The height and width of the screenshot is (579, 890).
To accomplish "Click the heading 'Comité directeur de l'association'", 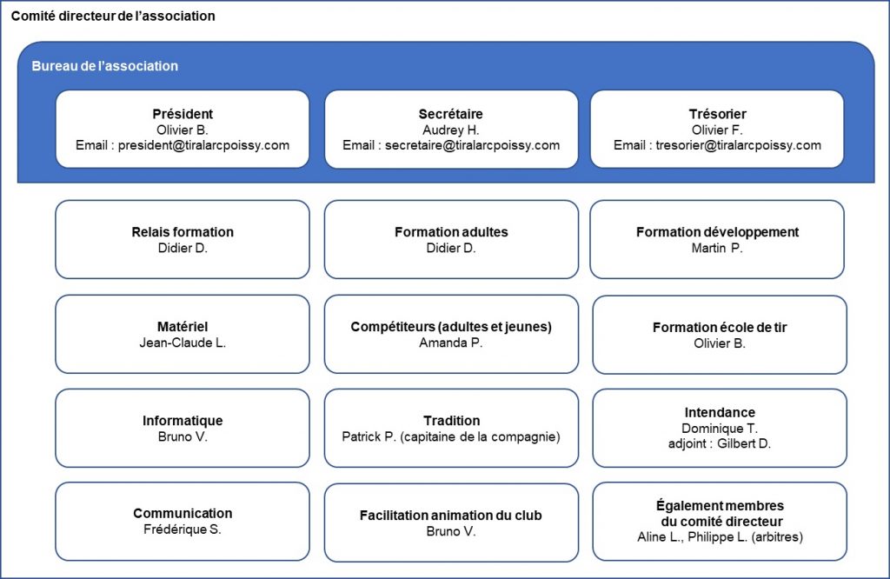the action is (x=113, y=16).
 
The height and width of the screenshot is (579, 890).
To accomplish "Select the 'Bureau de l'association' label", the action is (x=105, y=66).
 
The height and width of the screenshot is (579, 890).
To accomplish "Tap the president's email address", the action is (x=203, y=145).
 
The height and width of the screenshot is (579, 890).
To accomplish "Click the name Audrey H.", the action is (x=451, y=130).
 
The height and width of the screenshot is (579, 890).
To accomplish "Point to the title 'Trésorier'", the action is (x=717, y=114).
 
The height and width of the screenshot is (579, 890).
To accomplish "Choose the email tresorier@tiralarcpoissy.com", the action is (x=739, y=145).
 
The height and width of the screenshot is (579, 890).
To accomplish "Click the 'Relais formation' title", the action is (x=183, y=231).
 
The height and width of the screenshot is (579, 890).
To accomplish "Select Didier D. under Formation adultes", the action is (x=451, y=248).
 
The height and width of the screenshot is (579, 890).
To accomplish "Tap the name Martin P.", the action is (x=717, y=248).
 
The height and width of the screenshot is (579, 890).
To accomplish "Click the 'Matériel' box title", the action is (x=183, y=326).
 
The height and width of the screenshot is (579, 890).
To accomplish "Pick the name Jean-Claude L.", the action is (x=183, y=343).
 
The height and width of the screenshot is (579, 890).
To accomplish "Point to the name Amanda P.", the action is (x=451, y=343).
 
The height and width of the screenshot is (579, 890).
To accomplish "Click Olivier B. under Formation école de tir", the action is (x=720, y=343).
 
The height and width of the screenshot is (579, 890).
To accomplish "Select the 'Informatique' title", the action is (x=183, y=421).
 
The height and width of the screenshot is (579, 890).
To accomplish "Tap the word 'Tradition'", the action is (x=452, y=421).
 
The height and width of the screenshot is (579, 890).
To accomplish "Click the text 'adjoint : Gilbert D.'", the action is (x=720, y=444).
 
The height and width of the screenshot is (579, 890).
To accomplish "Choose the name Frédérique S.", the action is (x=183, y=529).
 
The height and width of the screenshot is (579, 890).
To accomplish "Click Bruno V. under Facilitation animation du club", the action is (x=451, y=532).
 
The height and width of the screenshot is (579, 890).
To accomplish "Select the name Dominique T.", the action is (x=720, y=429).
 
